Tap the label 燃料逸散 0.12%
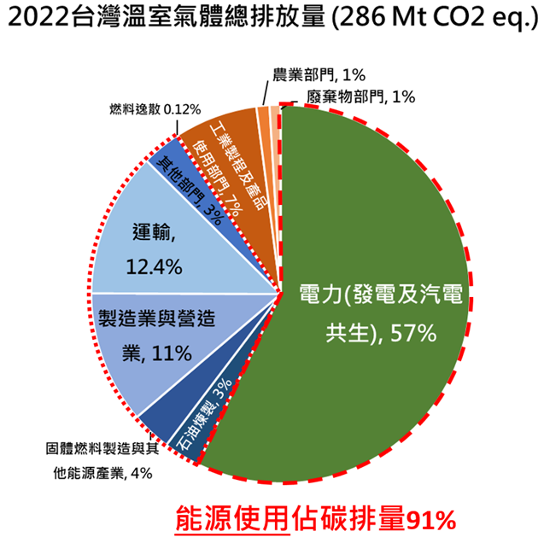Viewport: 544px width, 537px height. point(154,108)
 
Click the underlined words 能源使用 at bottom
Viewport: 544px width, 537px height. point(231,517)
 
